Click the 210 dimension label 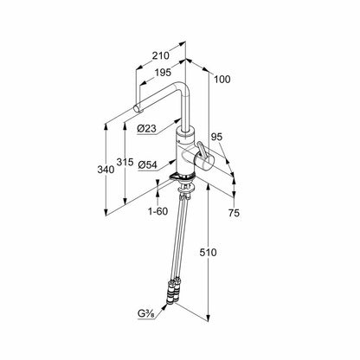[x=161, y=55]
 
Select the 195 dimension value [x=163, y=73]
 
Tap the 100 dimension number [x=222, y=79]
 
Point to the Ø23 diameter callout [x=146, y=129]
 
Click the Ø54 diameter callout [x=147, y=165]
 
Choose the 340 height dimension [x=106, y=170]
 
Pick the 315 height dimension [x=125, y=162]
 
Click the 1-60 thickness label [x=157, y=211]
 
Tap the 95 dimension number [x=216, y=137]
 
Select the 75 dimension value [x=234, y=213]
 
